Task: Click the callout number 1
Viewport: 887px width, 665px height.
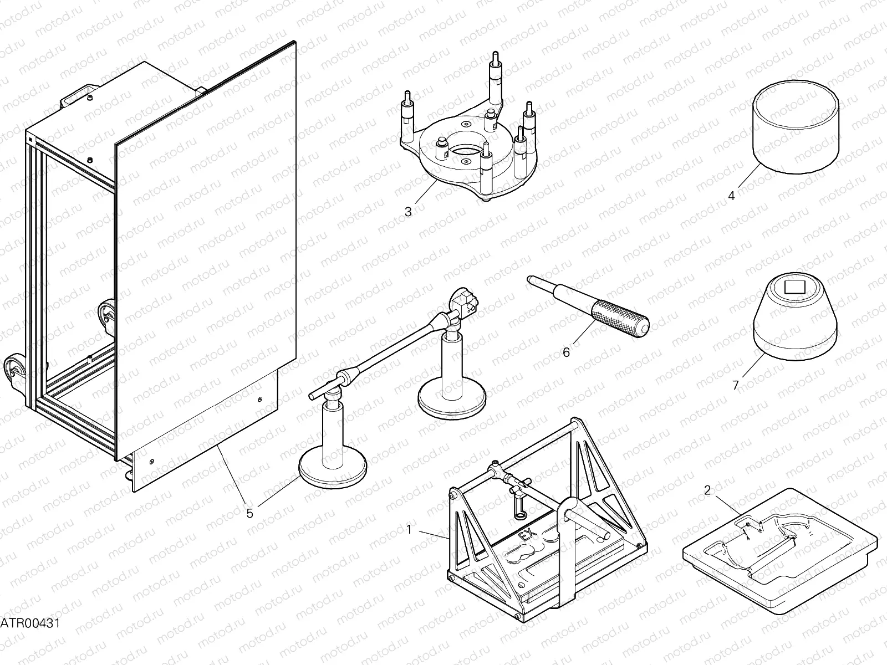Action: [409, 529]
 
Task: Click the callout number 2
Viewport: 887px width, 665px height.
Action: [707, 489]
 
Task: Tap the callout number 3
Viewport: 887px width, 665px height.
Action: [408, 211]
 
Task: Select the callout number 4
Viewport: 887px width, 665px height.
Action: [731, 196]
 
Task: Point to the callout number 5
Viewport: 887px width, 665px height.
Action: [250, 513]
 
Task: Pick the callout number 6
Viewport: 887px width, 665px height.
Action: [566, 352]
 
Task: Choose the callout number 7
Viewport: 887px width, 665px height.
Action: [736, 385]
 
